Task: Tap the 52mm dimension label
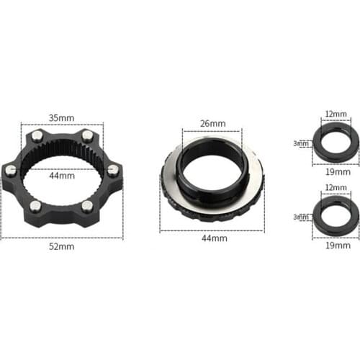(x=62, y=246)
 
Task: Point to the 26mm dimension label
(x=212, y=123)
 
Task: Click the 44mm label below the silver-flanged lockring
(x=212, y=238)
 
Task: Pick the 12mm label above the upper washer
(x=336, y=114)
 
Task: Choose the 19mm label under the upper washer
(x=336, y=172)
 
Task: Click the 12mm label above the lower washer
(x=336, y=188)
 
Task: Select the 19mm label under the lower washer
(x=336, y=245)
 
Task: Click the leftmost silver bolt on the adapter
(x=11, y=171)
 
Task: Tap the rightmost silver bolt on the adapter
(x=113, y=170)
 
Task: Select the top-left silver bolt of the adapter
(x=36, y=135)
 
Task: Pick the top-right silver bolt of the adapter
(x=87, y=135)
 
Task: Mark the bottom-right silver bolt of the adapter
(x=88, y=207)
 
